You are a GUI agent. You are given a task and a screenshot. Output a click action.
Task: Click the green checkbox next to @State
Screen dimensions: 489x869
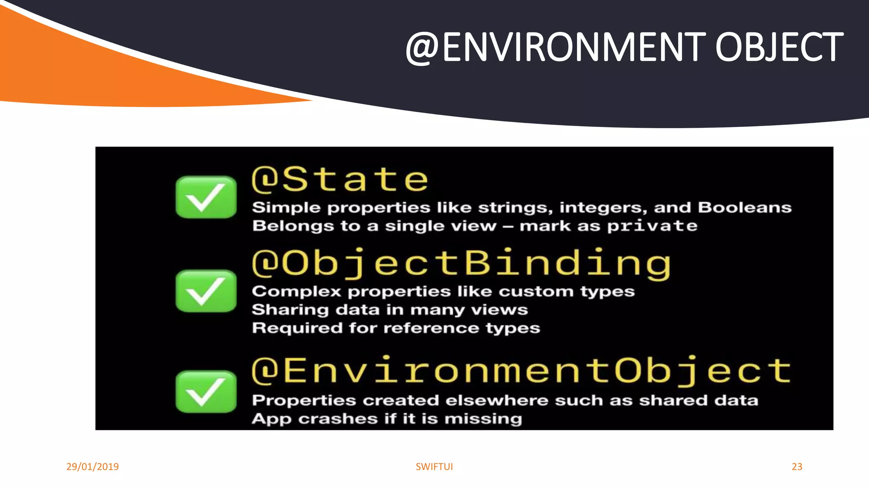[x=206, y=197]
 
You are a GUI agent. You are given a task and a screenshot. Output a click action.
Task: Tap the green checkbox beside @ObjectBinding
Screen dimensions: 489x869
[x=206, y=291]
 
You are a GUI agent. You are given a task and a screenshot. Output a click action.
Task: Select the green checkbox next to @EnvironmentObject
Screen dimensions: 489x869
[x=206, y=391]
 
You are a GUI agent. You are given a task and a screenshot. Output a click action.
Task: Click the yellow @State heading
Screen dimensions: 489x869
[x=340, y=179]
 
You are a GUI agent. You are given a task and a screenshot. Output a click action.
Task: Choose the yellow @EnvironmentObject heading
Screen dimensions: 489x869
[x=521, y=370]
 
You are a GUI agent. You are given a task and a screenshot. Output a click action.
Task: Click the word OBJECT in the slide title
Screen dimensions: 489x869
[x=779, y=47]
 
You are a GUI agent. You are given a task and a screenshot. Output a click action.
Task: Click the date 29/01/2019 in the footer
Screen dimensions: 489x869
[x=93, y=467]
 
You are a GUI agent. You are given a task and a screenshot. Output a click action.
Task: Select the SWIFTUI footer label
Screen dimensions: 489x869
[x=434, y=467]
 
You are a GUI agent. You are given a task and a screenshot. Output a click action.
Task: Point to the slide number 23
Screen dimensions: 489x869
[x=797, y=467]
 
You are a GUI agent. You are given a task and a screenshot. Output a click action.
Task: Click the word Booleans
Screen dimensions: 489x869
[x=745, y=207]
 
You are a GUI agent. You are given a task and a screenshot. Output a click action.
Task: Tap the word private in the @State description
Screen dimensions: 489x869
[x=652, y=226]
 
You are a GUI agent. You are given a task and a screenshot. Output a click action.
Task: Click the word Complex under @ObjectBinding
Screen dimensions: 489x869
[x=296, y=292]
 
